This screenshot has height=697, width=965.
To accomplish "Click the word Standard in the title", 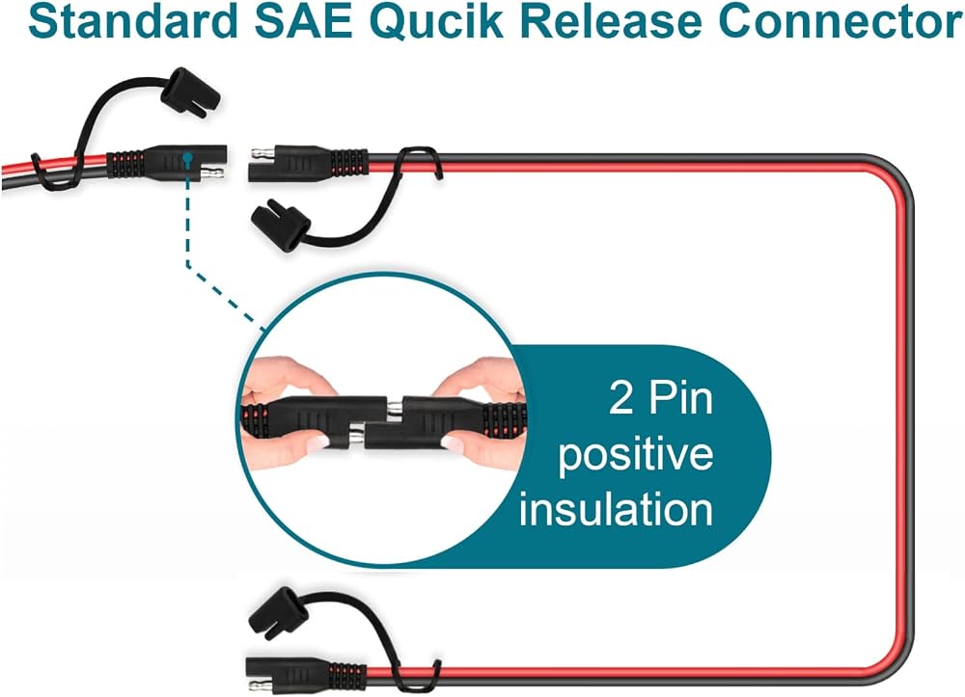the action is pyautogui.click(x=133, y=22).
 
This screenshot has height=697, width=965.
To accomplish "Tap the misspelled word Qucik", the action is pyautogui.click(x=437, y=23).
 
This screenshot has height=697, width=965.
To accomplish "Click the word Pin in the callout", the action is pyautogui.click(x=680, y=397).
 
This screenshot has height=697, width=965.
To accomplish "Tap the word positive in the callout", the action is pyautogui.click(x=636, y=455).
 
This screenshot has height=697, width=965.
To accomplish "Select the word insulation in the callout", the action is pyautogui.click(x=616, y=510).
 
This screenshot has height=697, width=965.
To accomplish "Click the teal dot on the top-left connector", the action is pyautogui.click(x=188, y=158).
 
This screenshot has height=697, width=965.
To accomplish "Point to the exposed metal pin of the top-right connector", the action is pyautogui.click(x=261, y=152).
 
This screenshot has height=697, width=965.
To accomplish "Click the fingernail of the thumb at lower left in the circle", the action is pyautogui.click(x=317, y=442).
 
